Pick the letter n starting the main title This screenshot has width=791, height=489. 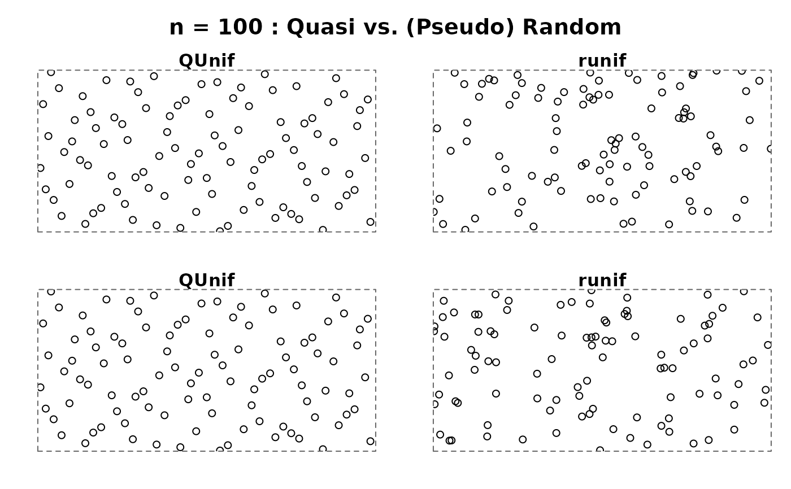(176, 28)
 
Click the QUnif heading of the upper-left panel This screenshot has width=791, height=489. (206, 61)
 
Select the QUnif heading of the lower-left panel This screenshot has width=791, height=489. (206, 281)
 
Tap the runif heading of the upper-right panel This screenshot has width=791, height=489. (602, 61)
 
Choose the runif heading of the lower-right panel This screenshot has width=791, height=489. (602, 281)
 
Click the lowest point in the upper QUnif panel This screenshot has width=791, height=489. (220, 232)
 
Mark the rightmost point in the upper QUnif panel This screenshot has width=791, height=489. (370, 222)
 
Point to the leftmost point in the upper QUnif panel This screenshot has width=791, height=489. (40, 168)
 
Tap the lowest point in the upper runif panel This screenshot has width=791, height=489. (465, 230)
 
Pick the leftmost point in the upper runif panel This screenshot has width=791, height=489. (433, 212)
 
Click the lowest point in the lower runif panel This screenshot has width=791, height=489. (599, 451)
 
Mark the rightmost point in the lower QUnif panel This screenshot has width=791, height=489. (370, 441)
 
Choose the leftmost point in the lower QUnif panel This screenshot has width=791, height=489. (40, 387)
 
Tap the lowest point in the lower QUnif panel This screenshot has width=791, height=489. (220, 451)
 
